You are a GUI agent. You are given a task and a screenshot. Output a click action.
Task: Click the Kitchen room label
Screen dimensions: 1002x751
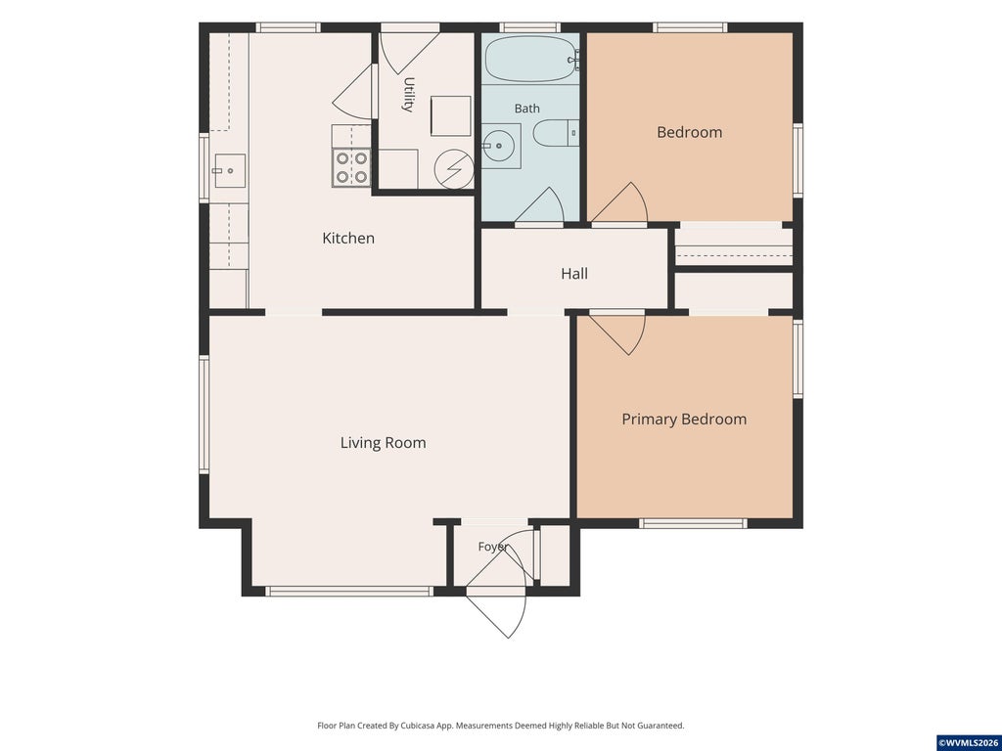[348, 239]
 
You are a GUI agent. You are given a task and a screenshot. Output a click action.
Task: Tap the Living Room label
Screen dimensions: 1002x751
[383, 443]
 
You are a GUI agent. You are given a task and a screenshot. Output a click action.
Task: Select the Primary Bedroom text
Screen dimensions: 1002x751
[684, 419]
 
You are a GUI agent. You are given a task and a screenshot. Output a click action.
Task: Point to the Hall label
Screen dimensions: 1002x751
[574, 274]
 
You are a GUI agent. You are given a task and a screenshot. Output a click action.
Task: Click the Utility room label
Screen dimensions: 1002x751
[409, 95]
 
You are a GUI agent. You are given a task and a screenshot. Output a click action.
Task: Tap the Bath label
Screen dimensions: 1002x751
[527, 109]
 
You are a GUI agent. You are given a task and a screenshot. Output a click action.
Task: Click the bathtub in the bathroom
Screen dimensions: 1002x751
[531, 59]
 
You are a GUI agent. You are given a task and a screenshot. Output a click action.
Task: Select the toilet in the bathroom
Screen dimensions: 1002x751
[556, 133]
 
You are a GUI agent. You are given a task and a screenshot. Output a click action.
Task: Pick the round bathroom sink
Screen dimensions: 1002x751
[498, 147]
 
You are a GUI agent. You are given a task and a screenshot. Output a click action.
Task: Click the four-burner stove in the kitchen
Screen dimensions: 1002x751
[351, 167]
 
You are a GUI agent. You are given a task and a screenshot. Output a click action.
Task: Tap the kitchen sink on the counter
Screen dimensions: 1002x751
[229, 170]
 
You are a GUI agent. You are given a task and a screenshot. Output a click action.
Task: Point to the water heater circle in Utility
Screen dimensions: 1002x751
[454, 169]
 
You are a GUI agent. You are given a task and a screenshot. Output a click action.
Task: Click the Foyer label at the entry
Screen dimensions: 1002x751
[493, 548]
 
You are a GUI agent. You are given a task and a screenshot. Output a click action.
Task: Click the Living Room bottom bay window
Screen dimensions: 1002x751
[349, 592]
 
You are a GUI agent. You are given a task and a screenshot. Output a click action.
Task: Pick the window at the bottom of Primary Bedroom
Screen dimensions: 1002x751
[694, 524]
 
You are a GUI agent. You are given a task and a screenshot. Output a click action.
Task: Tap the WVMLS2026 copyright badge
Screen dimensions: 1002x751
[969, 743]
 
